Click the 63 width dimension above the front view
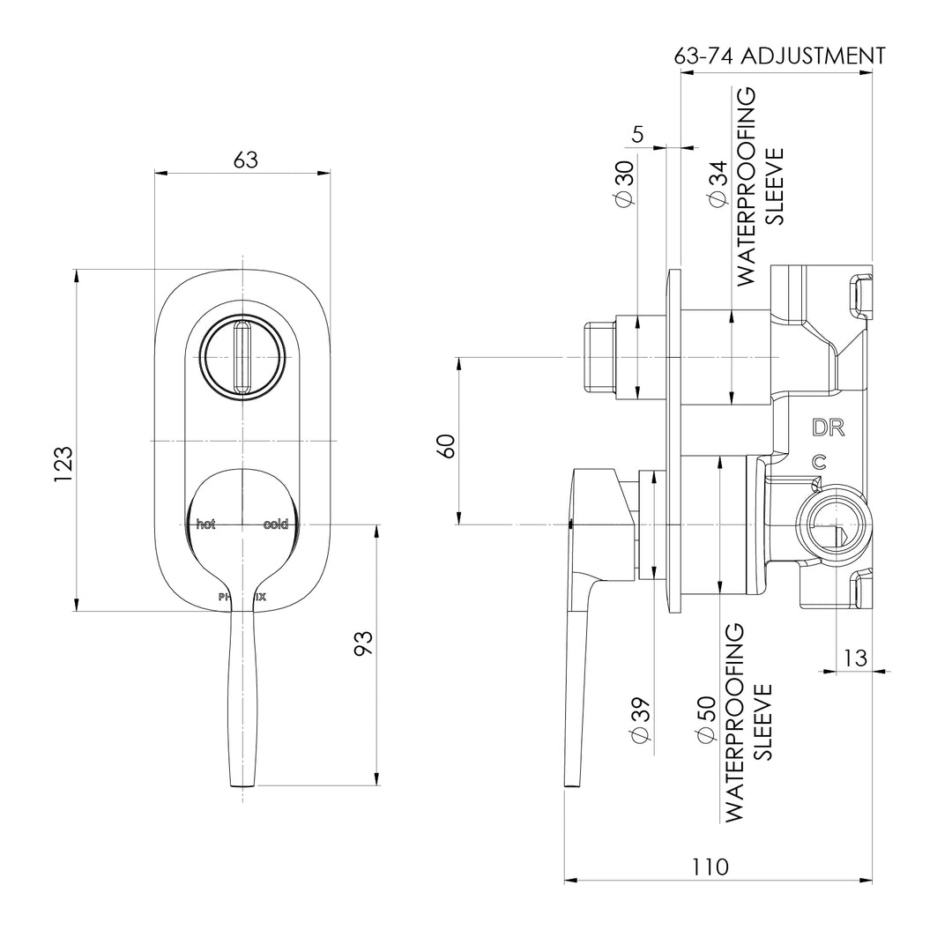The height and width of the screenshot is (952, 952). tap(245, 160)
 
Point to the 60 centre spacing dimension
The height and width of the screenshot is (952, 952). tap(446, 445)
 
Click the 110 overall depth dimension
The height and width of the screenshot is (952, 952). tap(710, 866)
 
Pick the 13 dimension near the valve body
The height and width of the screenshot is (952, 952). tap(854, 658)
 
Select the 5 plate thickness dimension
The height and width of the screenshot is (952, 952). tap(638, 134)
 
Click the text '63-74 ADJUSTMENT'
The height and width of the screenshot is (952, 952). tap(779, 56)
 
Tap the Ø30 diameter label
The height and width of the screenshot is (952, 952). tap(623, 184)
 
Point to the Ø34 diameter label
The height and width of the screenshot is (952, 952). tap(717, 184)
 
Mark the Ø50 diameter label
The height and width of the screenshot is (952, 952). tap(705, 721)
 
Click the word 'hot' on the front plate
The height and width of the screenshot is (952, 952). tap(205, 524)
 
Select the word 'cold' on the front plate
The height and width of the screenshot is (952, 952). tap(275, 524)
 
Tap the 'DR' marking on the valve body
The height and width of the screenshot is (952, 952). tap(829, 428)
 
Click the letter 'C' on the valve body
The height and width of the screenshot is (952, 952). tap(819, 461)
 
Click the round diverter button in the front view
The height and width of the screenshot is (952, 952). tap(242, 357)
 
